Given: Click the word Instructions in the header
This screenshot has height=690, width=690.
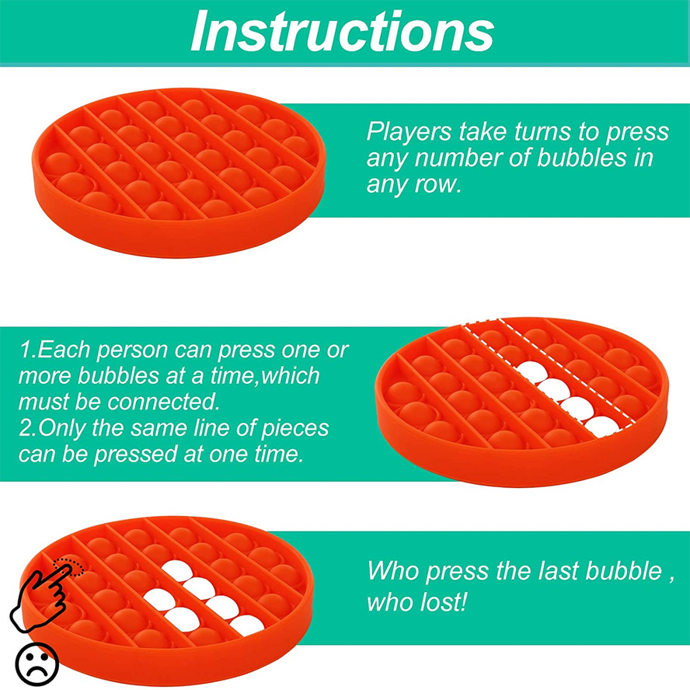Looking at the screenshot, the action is tap(343, 31).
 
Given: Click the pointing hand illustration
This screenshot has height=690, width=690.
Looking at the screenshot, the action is tap(40, 595).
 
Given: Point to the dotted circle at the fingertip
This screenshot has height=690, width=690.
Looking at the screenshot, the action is tap(68, 566).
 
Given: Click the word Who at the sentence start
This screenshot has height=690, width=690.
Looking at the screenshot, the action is tap(393, 571).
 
